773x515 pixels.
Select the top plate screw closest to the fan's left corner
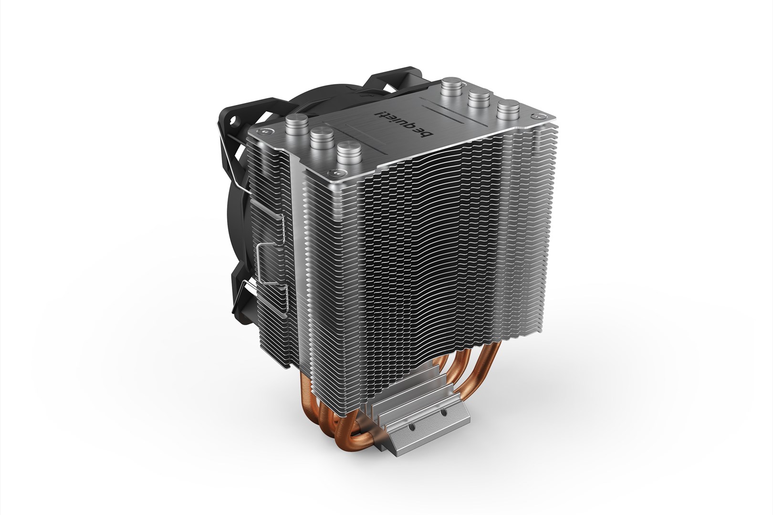260,131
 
